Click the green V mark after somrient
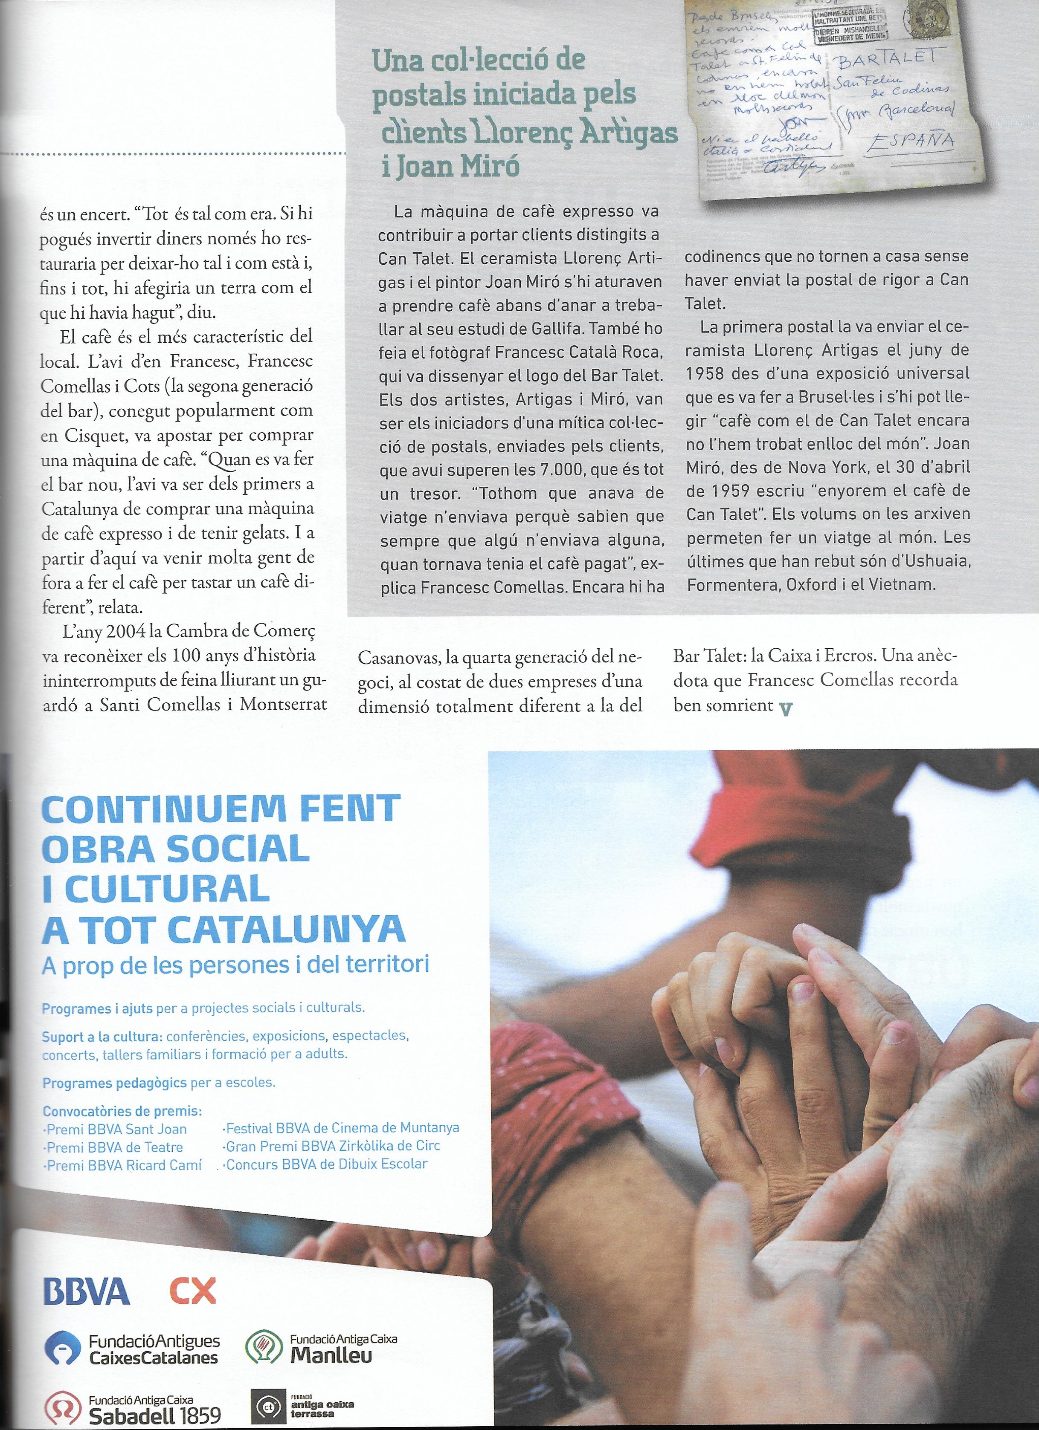[785, 709]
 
